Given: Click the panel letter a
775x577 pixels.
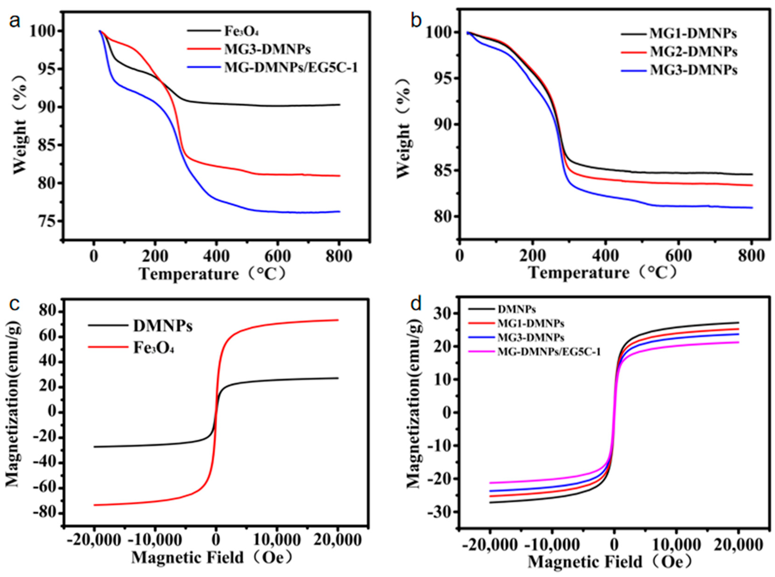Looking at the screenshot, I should click(x=15, y=22).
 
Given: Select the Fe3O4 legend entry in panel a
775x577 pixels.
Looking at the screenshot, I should click(x=241, y=31).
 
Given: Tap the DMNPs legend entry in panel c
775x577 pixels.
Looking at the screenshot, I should click(x=163, y=326).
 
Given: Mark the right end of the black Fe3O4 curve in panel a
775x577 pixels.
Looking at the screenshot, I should click(x=339, y=104).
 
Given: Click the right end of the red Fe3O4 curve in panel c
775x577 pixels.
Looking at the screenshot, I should click(x=338, y=320).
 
